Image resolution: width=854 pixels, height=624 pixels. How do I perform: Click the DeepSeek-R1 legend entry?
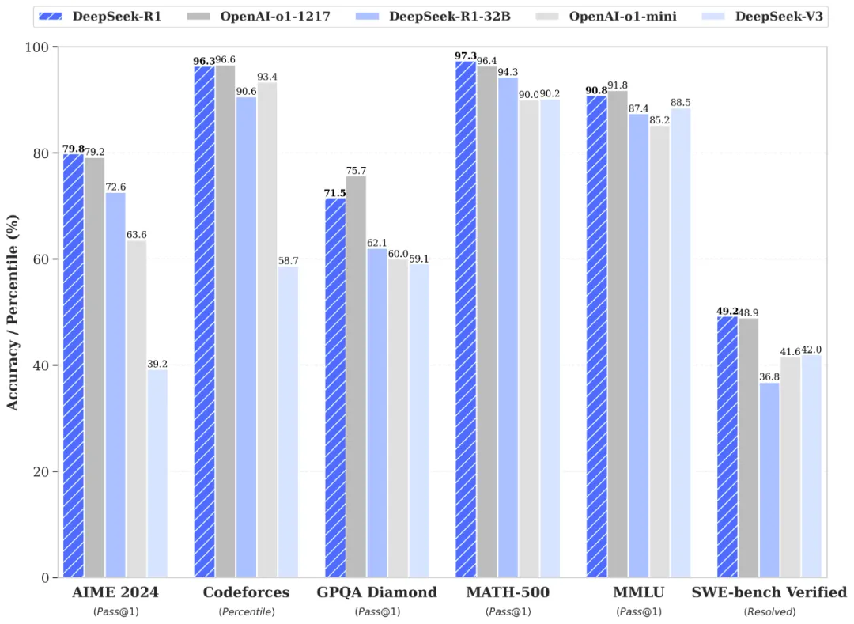coord(104,16)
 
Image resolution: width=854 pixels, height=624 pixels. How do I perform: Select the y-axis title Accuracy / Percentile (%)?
coord(13,313)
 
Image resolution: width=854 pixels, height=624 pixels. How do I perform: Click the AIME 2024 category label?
coord(115,592)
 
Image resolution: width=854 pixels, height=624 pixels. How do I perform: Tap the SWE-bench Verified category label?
coord(769,592)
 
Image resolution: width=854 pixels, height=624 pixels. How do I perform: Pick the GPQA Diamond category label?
coord(377,592)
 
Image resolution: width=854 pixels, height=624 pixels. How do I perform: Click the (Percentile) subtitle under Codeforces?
coord(246,611)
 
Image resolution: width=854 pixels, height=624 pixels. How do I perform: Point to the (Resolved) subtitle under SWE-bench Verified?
coord(769,611)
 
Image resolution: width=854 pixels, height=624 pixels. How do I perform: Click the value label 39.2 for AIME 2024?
coord(157,364)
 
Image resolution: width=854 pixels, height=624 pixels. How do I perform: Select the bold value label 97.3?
coord(466,56)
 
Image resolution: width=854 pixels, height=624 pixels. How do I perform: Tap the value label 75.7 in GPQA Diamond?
coord(356,171)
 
